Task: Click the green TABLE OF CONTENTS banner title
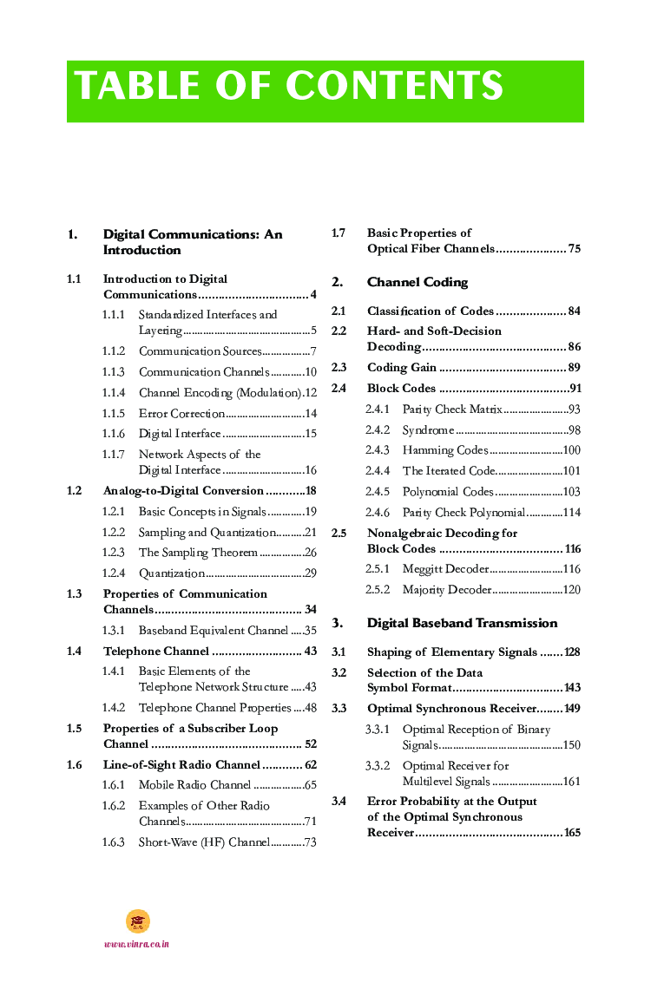click(289, 87)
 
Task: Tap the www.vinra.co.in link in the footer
click(136, 944)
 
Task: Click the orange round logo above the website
click(138, 921)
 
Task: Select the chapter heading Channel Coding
click(417, 282)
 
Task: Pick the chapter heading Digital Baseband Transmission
click(462, 623)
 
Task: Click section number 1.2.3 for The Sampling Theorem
click(114, 553)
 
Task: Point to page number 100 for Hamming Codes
click(571, 450)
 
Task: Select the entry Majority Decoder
click(446, 590)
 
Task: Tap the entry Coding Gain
click(401, 367)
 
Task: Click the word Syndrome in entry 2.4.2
click(428, 430)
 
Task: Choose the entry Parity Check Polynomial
click(464, 513)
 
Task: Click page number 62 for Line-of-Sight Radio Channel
click(310, 765)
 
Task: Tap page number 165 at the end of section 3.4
click(571, 833)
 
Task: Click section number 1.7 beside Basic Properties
click(339, 233)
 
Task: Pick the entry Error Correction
click(181, 414)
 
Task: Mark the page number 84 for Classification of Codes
click(574, 311)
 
